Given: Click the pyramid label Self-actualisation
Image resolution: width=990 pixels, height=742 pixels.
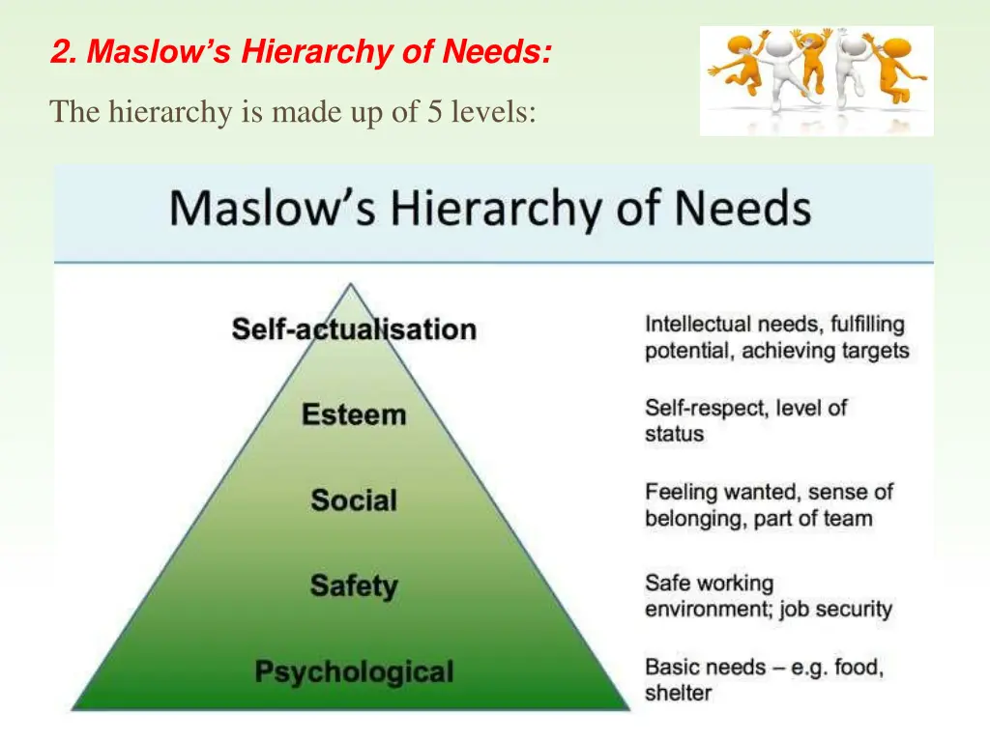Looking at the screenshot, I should coord(354,329).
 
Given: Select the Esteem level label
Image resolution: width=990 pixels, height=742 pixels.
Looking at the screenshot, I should coord(354,415).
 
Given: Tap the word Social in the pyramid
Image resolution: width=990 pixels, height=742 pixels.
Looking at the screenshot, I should coord(354,500).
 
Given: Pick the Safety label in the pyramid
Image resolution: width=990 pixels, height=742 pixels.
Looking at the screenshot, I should coord(354,585).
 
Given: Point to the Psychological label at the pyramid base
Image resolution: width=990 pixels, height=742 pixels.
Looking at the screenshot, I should coord(354,671).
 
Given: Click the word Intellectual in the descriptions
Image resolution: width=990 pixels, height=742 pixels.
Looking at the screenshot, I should coord(698,324).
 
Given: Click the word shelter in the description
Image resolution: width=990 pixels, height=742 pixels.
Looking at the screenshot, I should coord(678,693).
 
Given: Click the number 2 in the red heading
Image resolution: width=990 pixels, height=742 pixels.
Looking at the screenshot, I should coord(60,51).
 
